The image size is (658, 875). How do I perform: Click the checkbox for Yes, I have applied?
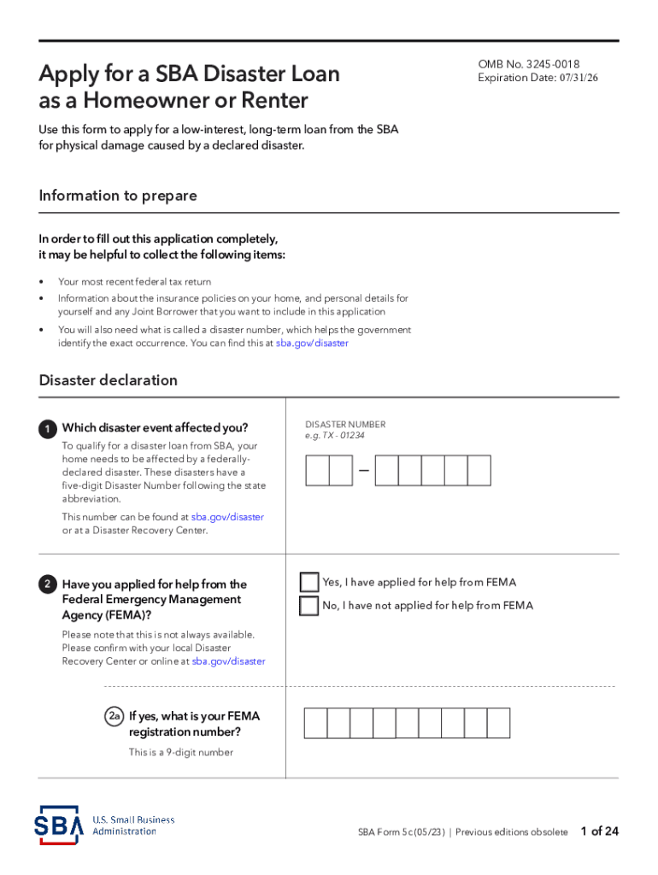pos(309,583)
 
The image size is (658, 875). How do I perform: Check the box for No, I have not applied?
pos(309,606)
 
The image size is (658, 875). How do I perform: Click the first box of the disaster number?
pos(317,471)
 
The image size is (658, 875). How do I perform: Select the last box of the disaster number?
pos(479,471)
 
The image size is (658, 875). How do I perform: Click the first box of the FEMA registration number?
pos(316,723)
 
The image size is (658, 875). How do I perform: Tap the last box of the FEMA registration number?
pos(498,723)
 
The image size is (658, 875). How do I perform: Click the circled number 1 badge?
pos(48,429)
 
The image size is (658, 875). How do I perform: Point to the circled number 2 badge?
pos(48,585)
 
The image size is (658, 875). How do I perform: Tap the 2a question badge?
pos(115,717)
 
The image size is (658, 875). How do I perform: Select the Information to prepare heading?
pos(118,196)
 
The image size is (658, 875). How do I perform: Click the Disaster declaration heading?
pos(108,380)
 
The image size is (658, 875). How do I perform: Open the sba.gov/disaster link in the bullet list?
pos(312,344)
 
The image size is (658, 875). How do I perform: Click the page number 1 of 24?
pos(599,831)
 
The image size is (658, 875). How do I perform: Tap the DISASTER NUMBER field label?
pos(345,425)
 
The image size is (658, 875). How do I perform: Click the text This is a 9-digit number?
pos(181,753)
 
